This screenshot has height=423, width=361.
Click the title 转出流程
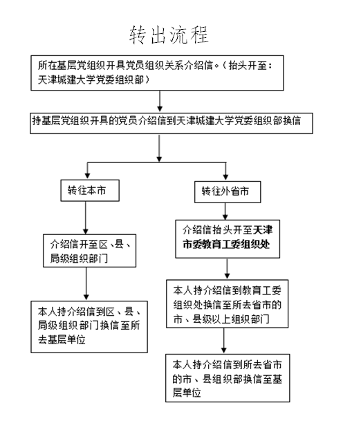(x=169, y=35)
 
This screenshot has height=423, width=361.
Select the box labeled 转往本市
(x=90, y=191)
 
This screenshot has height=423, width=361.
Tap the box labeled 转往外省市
(x=228, y=192)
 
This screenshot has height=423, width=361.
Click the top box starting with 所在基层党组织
(x=157, y=73)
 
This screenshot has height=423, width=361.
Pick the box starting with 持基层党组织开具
(x=172, y=123)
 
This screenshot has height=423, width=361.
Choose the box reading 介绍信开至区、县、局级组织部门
(x=90, y=251)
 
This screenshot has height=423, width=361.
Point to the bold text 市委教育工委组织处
(x=226, y=244)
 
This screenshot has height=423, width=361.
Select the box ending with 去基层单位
(x=89, y=327)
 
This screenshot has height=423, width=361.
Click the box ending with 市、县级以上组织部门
(x=227, y=303)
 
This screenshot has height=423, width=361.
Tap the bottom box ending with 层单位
(x=228, y=378)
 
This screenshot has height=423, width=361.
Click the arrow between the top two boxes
(x=160, y=101)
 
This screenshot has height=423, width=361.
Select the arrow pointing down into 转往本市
(x=87, y=171)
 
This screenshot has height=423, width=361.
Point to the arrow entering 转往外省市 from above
(x=225, y=171)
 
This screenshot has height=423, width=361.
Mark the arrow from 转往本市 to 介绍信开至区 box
(x=86, y=218)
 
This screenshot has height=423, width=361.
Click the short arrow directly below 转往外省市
(x=225, y=211)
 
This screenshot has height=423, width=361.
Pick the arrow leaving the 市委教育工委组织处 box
(x=227, y=269)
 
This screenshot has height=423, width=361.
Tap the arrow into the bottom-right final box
(x=223, y=341)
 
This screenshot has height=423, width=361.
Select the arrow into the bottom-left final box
(x=86, y=283)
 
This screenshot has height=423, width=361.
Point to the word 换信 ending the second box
(x=292, y=120)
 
